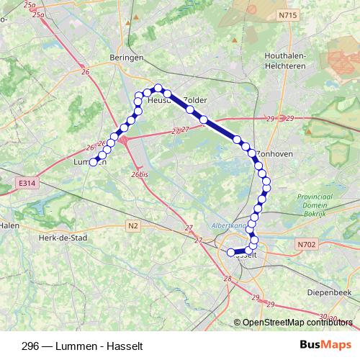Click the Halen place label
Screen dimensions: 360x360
pyautogui.click(x=9, y=224)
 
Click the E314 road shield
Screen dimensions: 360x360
pyautogui.click(x=27, y=184)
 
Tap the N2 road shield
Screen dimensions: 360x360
pyautogui.click(x=132, y=225)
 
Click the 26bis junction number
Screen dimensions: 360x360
pyautogui.click(x=140, y=174)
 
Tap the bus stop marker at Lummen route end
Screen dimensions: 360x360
pyautogui.click(x=94, y=162)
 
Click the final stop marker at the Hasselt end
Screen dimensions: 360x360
pyautogui.click(x=230, y=253)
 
